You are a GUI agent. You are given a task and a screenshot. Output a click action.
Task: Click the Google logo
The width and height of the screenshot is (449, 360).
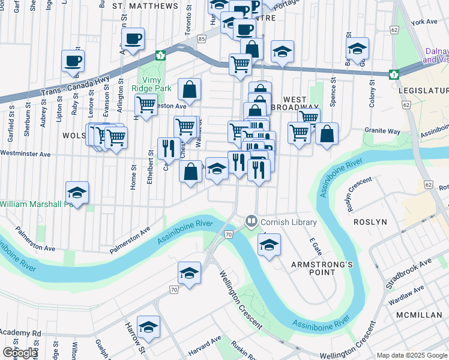coord(20,353)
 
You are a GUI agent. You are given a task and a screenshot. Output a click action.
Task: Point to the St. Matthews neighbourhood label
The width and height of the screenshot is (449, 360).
coord(145,6)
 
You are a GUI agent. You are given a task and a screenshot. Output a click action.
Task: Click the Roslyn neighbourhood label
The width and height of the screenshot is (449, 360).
coord(370,221)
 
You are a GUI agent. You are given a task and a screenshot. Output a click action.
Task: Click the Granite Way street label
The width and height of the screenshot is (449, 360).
coord(383,131)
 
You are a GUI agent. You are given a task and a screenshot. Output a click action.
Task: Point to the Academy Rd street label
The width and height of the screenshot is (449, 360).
coord(20,333)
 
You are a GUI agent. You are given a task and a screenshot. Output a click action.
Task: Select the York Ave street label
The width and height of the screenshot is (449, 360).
coord(424,22)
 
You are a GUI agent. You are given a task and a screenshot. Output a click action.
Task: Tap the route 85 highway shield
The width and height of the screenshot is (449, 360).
coord(202,39)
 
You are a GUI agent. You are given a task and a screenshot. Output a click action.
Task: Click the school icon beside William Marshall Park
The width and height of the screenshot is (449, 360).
coord(77,192)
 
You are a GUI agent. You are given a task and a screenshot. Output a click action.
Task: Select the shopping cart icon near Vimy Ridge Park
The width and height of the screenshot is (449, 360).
coord(146,104)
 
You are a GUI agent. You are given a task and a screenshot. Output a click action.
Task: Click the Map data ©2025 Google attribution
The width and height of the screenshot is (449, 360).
coord(412,355)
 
